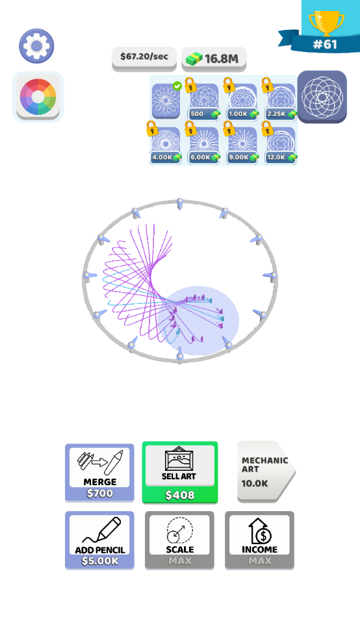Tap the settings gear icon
point(36,45)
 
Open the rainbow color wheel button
point(38,97)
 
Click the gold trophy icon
point(327,23)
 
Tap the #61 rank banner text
point(325,44)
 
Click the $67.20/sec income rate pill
point(144,56)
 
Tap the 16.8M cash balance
point(214,58)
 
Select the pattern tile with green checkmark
point(166,101)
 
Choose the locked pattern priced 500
point(204,101)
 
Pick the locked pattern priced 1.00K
point(242,101)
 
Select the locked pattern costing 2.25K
point(281,101)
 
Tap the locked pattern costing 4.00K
point(166,145)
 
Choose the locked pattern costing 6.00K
point(204,145)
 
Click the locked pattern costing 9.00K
point(242,145)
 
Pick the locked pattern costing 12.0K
point(281,145)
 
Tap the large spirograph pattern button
point(322,97)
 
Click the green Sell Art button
point(180,472)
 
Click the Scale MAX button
point(180,540)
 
